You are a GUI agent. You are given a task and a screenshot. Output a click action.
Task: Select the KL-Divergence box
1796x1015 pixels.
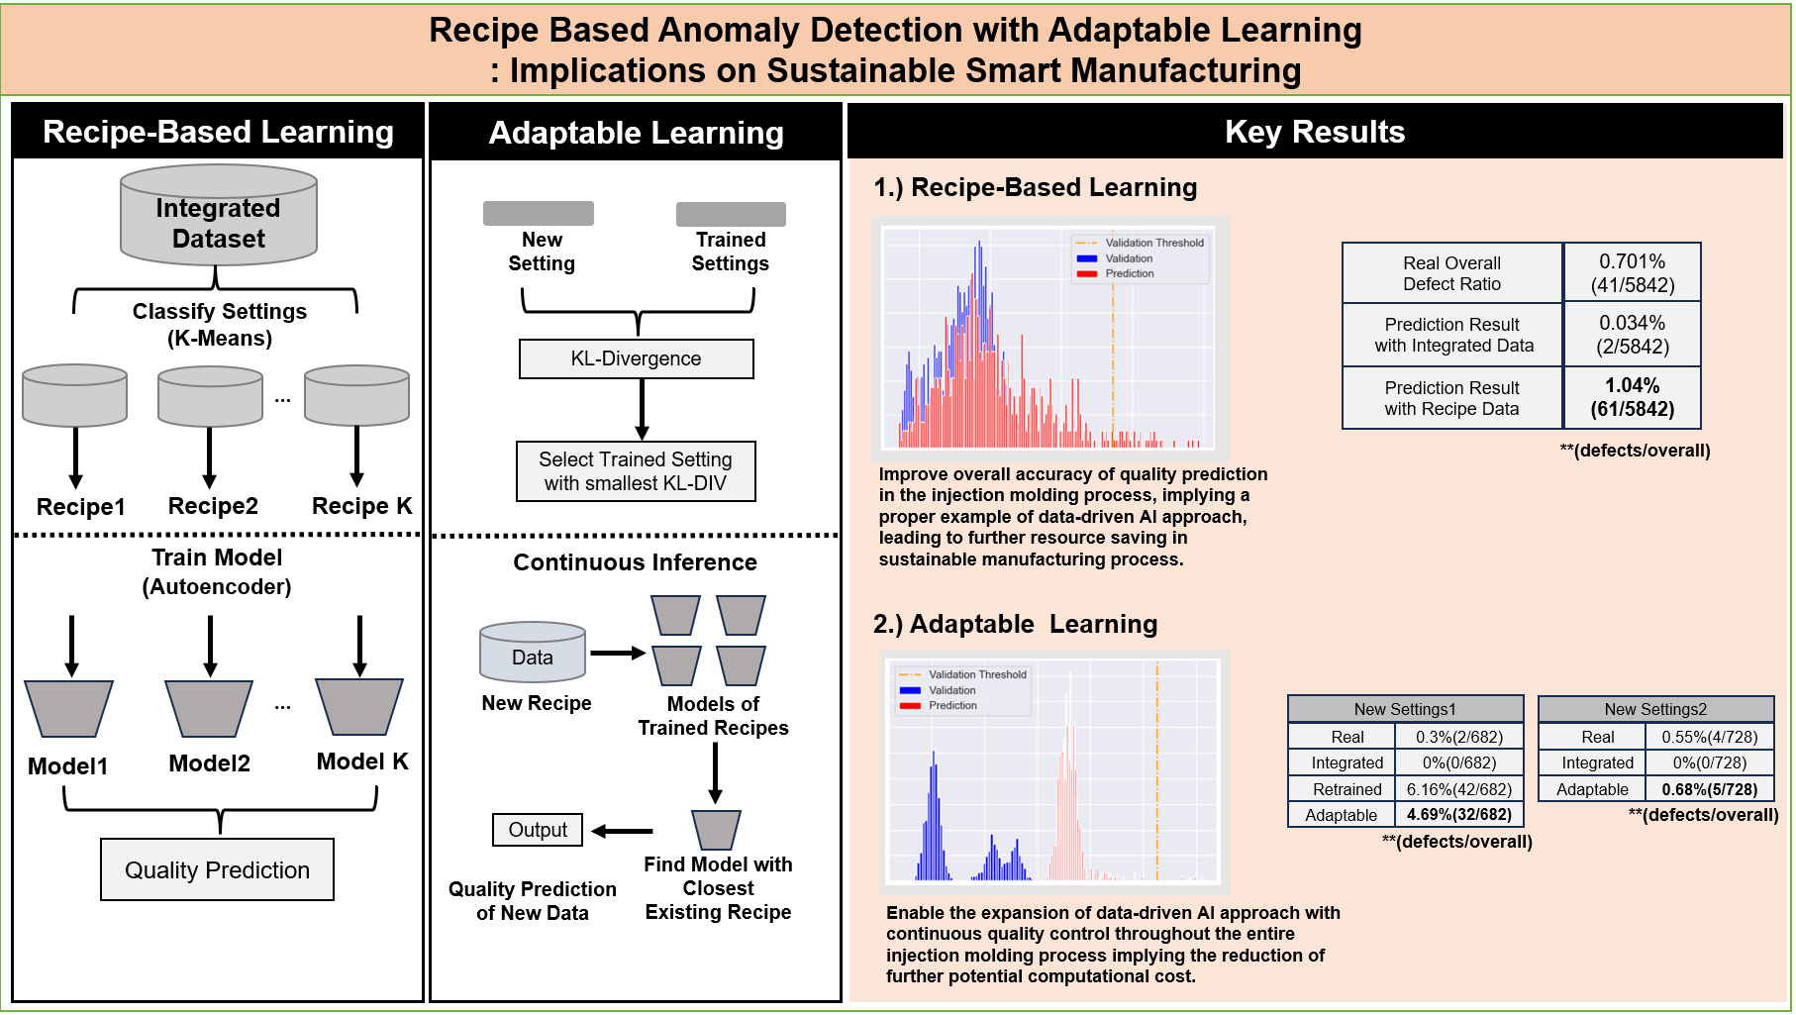[x=636, y=358]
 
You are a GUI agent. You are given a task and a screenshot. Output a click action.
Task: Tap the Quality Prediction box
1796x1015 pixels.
[x=217, y=869]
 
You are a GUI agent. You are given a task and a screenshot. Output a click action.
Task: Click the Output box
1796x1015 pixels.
[x=538, y=830]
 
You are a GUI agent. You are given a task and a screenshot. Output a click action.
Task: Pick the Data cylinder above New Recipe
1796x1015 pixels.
[x=533, y=653]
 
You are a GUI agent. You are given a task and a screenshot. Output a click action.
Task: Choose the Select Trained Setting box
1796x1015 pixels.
[x=636, y=471]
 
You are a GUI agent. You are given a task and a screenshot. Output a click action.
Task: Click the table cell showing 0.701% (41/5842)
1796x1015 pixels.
[x=1632, y=273]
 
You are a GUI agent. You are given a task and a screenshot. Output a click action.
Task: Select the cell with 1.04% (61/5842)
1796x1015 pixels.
[x=1632, y=397]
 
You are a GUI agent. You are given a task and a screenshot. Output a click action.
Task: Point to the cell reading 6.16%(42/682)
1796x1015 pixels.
[x=1458, y=789]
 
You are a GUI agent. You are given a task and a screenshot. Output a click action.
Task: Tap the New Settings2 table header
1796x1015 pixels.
[x=1655, y=709]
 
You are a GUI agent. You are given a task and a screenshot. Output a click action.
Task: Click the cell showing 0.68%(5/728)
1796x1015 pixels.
[x=1709, y=789]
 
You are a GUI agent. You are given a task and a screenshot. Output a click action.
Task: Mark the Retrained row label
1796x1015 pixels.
[x=1347, y=789]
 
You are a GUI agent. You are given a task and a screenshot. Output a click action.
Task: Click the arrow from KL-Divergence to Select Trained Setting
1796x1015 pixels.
[x=642, y=409]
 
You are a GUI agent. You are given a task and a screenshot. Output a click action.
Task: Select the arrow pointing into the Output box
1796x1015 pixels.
[x=623, y=831]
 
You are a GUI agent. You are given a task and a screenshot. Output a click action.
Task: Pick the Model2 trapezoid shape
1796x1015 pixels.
[x=209, y=708]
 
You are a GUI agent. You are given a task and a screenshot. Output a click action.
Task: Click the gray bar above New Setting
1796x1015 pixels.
[x=539, y=213]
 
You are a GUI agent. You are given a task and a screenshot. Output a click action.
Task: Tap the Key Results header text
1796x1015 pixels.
[x=1314, y=132]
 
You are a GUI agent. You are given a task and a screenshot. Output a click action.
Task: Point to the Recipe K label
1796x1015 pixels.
[x=361, y=506]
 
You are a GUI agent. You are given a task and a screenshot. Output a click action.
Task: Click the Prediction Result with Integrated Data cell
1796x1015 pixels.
[x=1452, y=335]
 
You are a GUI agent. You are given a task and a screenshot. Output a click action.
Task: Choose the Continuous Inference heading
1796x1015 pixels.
[x=635, y=562]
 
